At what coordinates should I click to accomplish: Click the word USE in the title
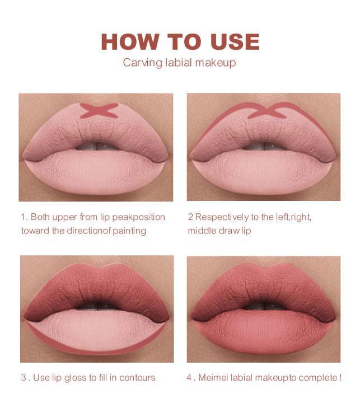(x=233, y=42)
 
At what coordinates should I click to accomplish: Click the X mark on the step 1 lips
(x=98, y=110)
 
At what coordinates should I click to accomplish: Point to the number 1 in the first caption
(x=23, y=217)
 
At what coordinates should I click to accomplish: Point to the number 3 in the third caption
(x=24, y=378)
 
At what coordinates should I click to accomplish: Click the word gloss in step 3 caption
(x=74, y=378)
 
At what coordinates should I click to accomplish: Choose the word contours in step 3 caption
(x=136, y=378)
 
